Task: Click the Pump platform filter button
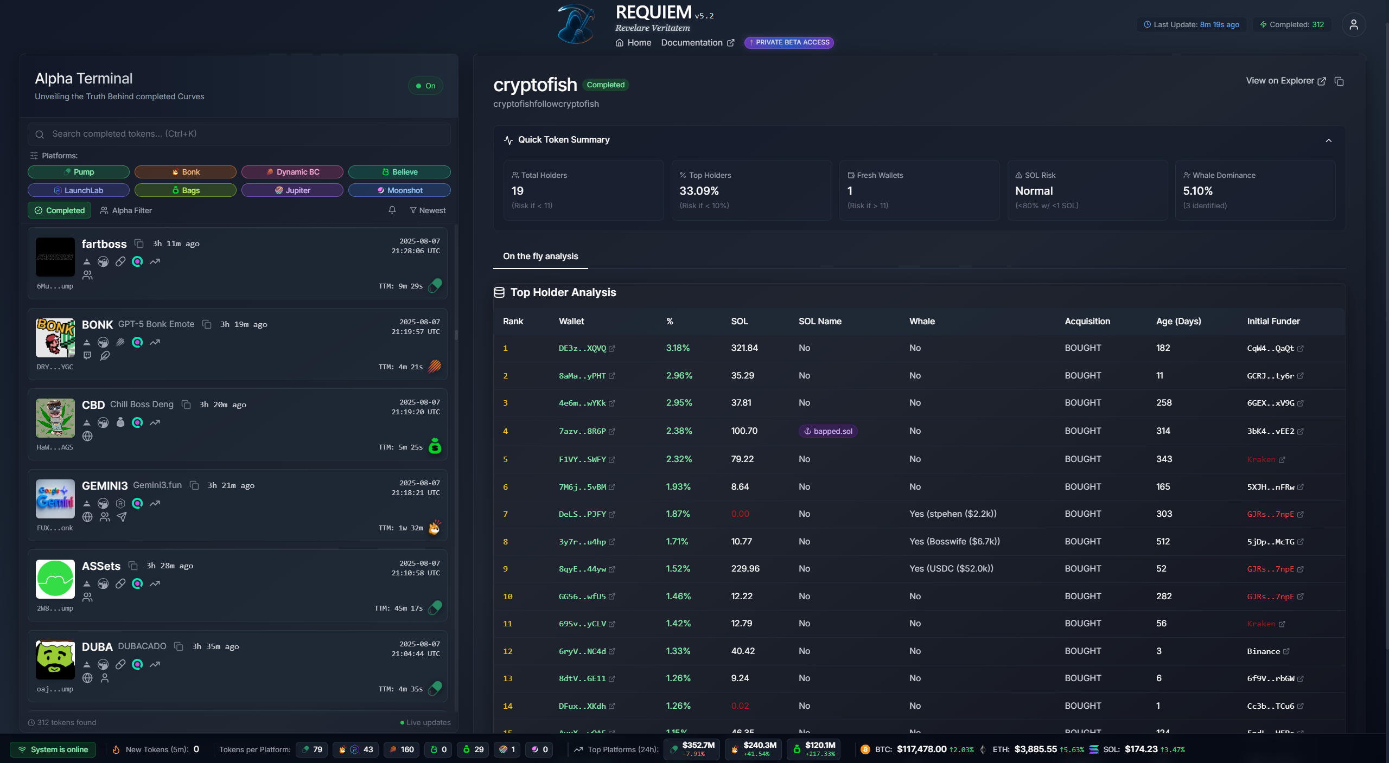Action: [79, 172]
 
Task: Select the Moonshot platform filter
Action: [399, 190]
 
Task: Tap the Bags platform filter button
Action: [186, 190]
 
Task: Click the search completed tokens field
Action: [239, 134]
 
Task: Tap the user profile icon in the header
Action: [1353, 24]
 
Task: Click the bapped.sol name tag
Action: [828, 431]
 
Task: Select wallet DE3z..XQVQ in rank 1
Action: [582, 348]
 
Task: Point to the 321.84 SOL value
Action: [744, 348]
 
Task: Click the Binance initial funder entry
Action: [1263, 651]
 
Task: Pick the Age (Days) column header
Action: [1178, 321]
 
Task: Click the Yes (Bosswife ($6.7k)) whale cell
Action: [954, 541]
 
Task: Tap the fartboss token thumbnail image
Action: [55, 257]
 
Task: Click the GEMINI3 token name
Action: [105, 486]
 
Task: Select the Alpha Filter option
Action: [126, 210]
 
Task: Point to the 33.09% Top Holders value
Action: [699, 191]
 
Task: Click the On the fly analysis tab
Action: [540, 256]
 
